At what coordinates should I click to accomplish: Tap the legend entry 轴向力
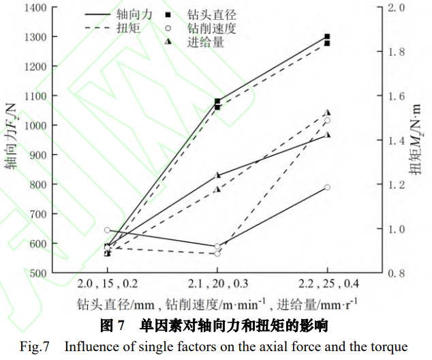click(x=125, y=14)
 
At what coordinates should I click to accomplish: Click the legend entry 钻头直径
click(x=212, y=14)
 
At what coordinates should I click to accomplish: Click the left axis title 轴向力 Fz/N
click(x=12, y=140)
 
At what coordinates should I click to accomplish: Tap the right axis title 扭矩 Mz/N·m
click(x=415, y=140)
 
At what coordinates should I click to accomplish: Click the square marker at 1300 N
click(x=328, y=37)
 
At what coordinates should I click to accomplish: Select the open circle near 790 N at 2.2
click(x=328, y=187)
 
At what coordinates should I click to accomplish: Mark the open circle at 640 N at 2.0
click(x=107, y=230)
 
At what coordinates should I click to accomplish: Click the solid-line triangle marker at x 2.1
click(x=217, y=175)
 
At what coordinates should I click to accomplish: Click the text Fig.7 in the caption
click(x=35, y=347)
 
